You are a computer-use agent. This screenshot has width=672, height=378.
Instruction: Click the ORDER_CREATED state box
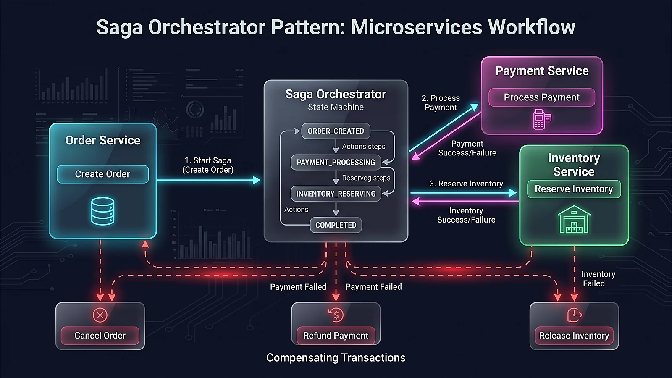[336, 131]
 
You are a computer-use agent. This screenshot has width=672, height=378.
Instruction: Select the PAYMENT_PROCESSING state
[336, 162]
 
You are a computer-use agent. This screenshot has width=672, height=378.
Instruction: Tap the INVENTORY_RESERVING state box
[336, 194]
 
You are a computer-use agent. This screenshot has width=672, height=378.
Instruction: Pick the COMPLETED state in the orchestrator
[336, 225]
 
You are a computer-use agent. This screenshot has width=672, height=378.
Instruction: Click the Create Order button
[102, 174]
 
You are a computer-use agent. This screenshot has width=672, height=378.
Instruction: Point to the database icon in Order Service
[102, 211]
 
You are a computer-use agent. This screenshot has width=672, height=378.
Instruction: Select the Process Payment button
[541, 97]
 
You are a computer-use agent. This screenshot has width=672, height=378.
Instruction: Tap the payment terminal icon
[542, 119]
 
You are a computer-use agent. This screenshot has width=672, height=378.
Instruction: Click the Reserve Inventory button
[574, 189]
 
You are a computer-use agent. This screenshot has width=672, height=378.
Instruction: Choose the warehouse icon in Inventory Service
[574, 219]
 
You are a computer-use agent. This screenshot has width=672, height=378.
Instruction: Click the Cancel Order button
[100, 336]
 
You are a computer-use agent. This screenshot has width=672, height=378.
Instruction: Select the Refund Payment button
[336, 336]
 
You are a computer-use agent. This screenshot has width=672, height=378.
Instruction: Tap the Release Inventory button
[574, 336]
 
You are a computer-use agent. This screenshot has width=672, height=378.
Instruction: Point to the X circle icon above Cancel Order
[100, 315]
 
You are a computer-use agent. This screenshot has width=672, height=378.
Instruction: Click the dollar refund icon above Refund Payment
[336, 315]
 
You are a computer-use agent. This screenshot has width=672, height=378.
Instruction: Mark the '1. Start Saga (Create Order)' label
[208, 165]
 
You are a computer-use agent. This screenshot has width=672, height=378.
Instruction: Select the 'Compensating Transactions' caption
[336, 357]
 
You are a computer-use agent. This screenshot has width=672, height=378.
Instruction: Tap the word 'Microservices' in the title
[416, 27]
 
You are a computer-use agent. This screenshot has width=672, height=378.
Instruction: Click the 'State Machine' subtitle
[336, 107]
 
